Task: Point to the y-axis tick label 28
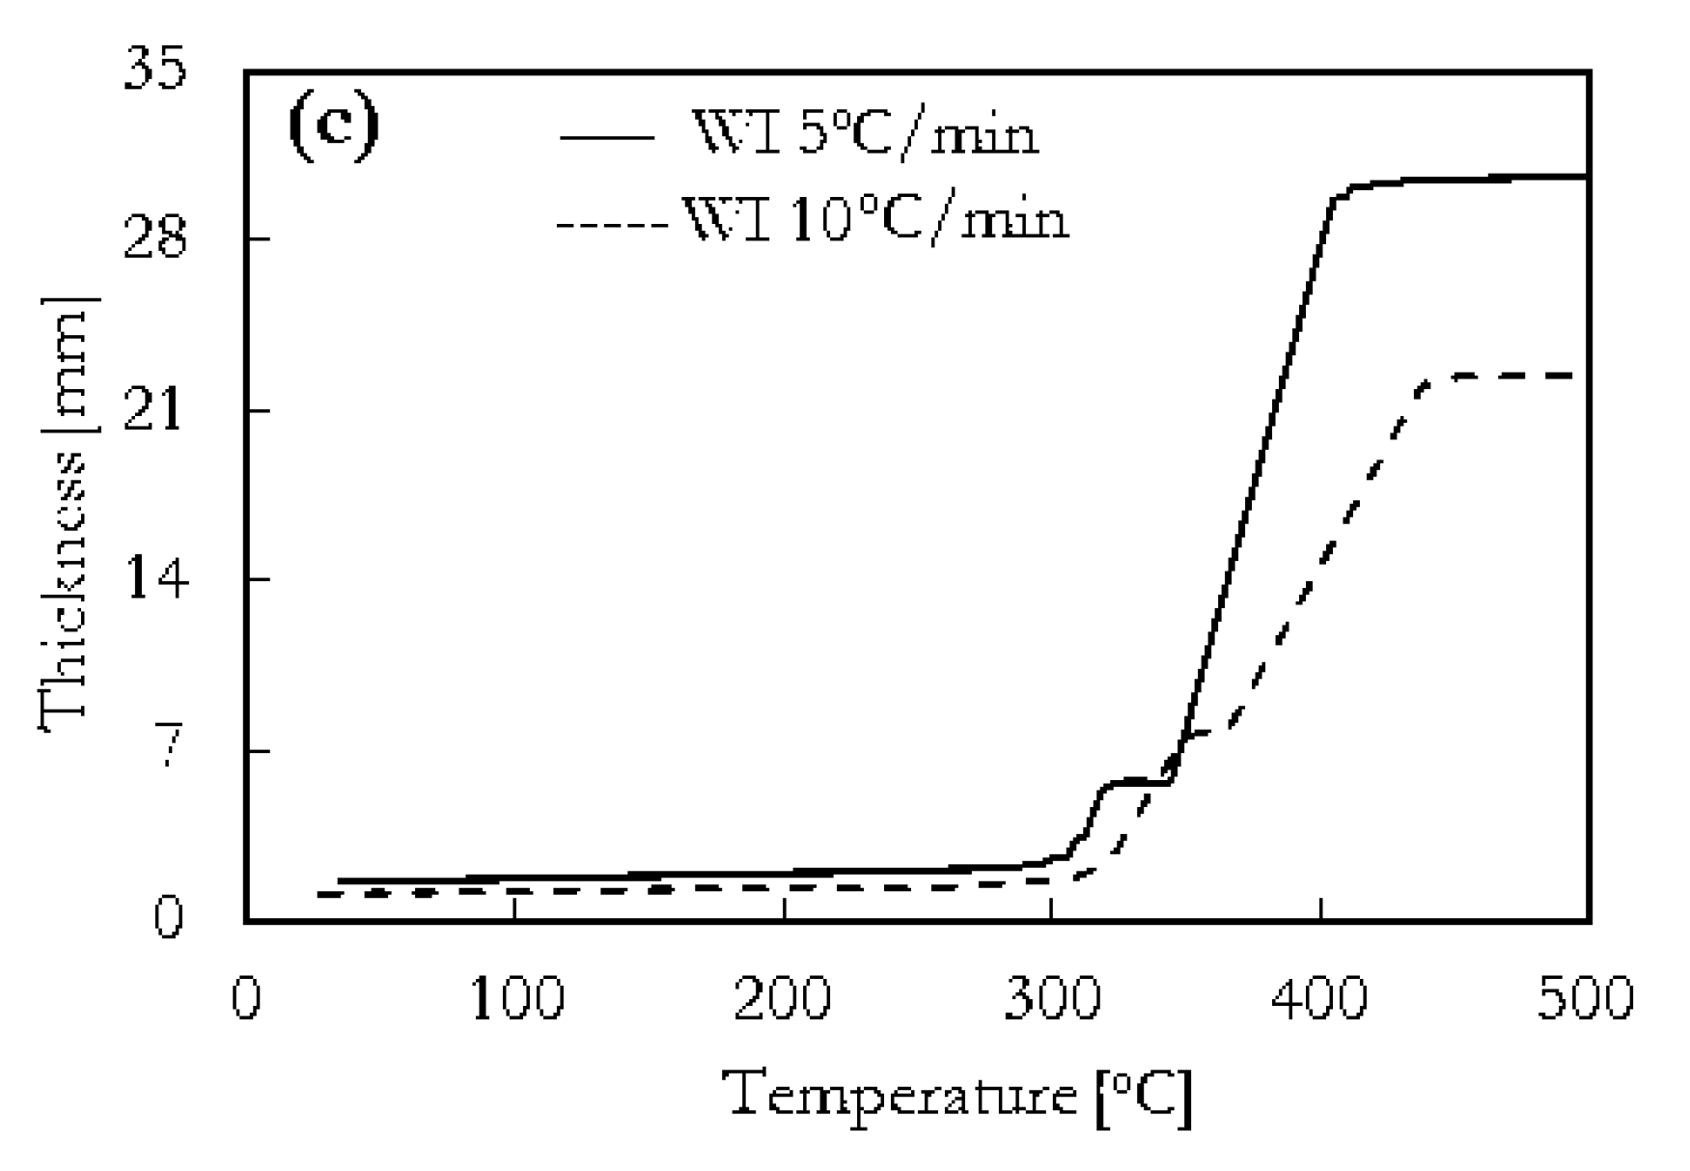tap(154, 238)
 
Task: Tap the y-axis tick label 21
tap(154, 411)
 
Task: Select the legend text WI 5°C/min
tap(866, 135)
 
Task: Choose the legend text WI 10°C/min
tap(875, 220)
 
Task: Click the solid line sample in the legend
tap(606, 138)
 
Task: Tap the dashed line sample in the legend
tap(613, 226)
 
